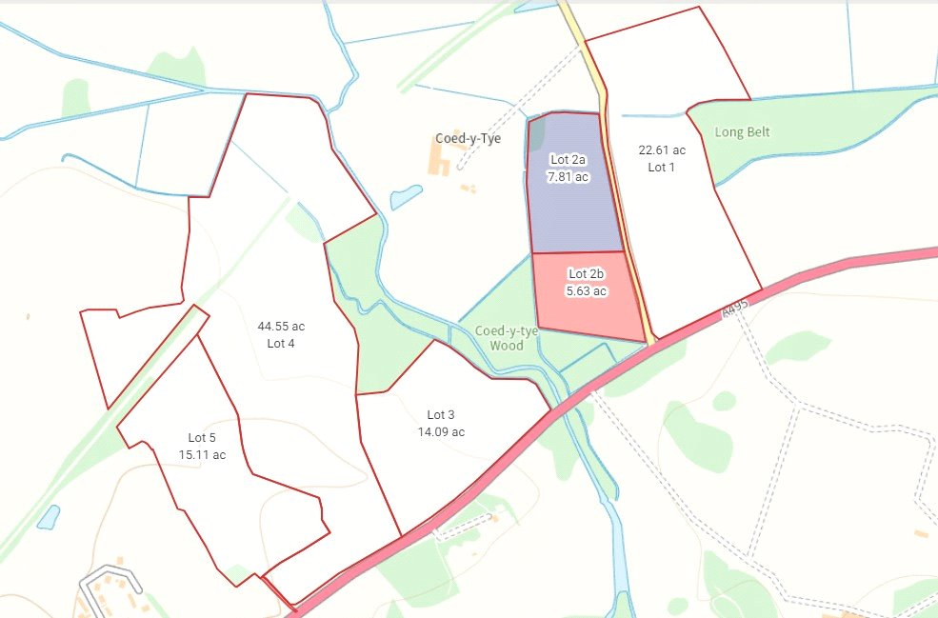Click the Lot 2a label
point(568,160)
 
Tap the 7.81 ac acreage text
point(568,176)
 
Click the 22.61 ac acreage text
point(662,150)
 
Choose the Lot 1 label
point(662,167)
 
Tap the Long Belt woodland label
point(743,132)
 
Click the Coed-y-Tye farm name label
point(469,138)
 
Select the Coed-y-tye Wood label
point(507,338)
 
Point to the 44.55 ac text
point(281,326)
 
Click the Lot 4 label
point(281,343)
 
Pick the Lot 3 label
point(441,414)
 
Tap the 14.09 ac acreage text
point(441,431)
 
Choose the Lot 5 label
point(203,437)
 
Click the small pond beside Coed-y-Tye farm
point(406,197)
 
